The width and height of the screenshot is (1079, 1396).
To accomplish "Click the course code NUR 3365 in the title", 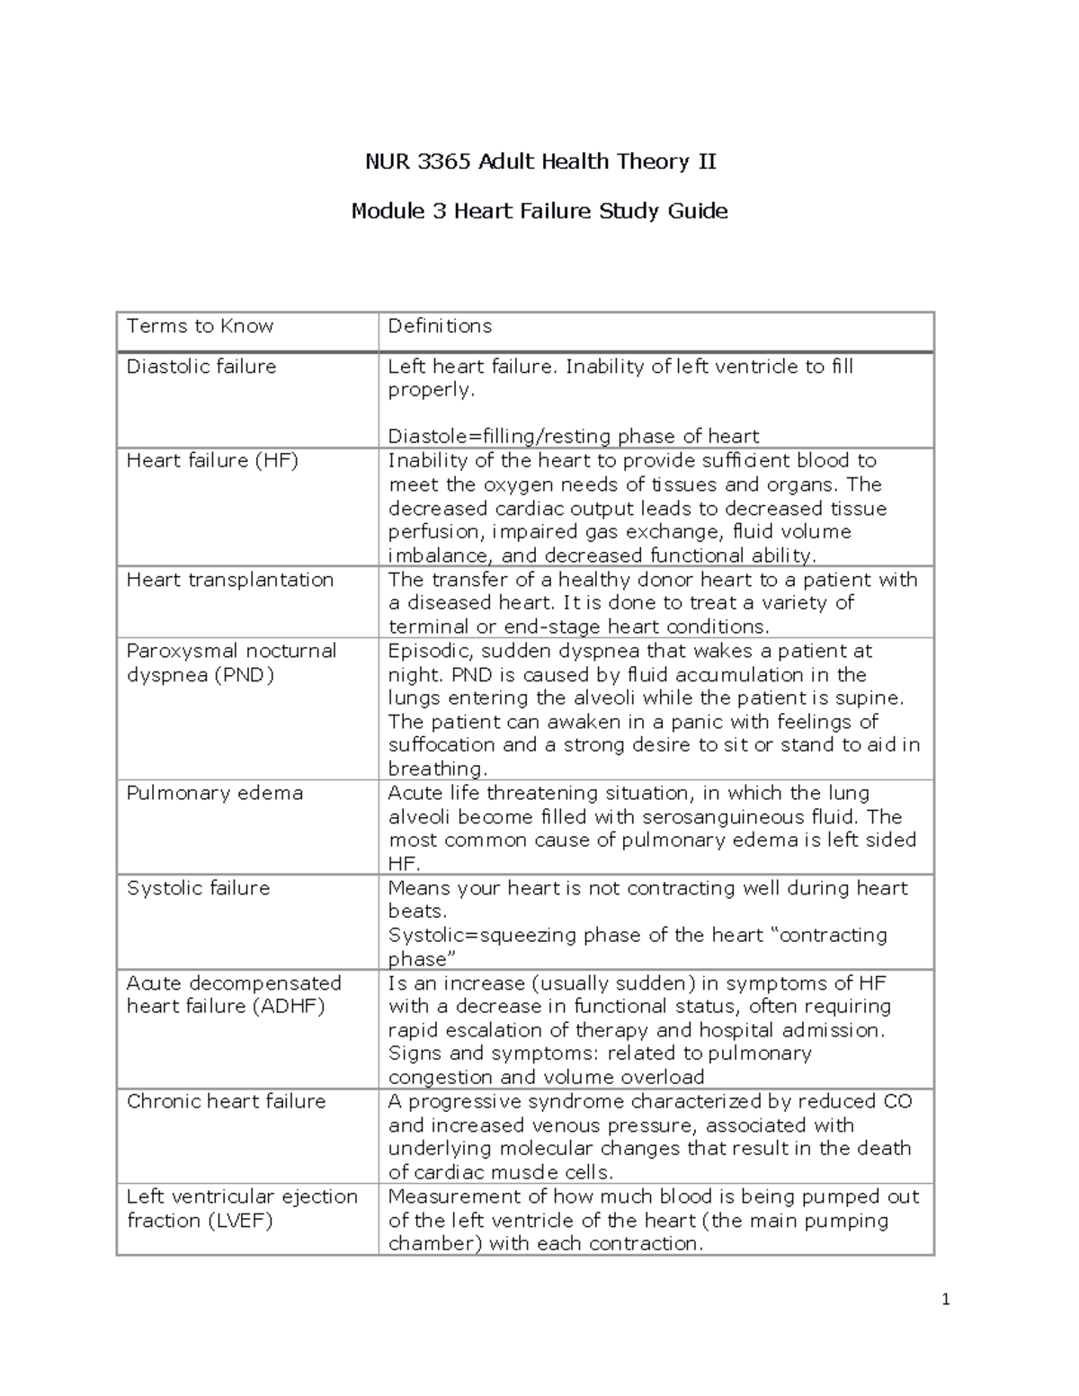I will click(417, 162).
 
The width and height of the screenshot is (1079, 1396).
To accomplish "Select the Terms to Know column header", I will click(200, 326).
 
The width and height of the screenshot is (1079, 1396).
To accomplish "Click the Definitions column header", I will click(440, 326).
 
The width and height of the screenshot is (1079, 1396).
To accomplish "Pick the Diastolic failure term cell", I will click(201, 367).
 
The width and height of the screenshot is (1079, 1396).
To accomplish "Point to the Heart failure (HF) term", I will click(212, 461).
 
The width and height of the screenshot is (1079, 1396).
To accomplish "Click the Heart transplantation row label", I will click(230, 580).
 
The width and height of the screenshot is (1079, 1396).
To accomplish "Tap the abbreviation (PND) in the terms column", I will click(244, 675).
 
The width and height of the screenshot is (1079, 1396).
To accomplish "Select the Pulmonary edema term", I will click(214, 794).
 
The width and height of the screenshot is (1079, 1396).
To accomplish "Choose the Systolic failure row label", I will click(198, 888).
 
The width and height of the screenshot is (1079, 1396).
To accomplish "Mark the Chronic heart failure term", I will click(226, 1102).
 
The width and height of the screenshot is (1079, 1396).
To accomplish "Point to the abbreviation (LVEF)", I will click(238, 1221).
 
